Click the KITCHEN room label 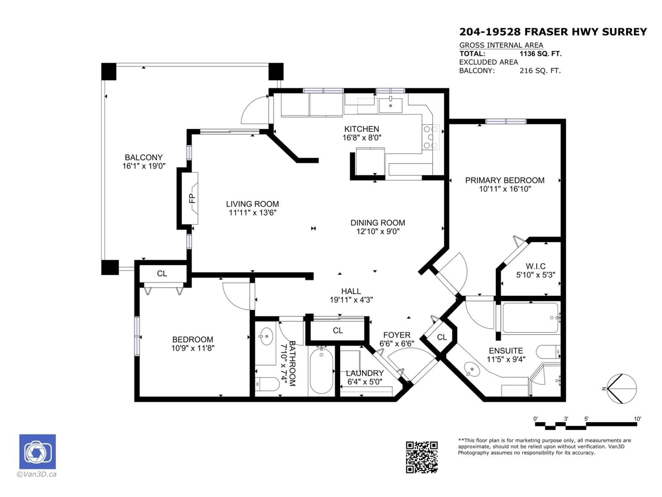pyautogui.click(x=362, y=129)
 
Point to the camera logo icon pyautogui.click(x=37, y=451)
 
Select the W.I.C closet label pyautogui.click(x=536, y=266)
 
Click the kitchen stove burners pyautogui.click(x=430, y=137)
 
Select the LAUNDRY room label pyautogui.click(x=364, y=373)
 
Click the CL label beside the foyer pyautogui.click(x=442, y=337)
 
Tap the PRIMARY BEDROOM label pyautogui.click(x=505, y=180)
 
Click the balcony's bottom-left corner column pyautogui.click(x=110, y=267)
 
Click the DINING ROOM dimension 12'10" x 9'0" pyautogui.click(x=378, y=231)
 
